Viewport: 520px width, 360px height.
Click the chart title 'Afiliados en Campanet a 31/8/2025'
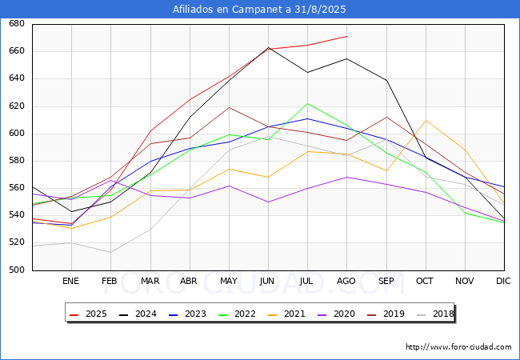260,9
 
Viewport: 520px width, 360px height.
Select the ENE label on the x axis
71,282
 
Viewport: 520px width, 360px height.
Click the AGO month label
346,282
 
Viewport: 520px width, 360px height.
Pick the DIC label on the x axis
503,282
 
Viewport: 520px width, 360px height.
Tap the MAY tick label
229,282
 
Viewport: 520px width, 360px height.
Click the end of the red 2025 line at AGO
346,36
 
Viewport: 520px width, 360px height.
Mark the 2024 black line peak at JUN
268,48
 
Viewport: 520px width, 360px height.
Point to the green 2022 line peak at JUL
307,103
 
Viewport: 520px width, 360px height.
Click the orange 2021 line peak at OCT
425,120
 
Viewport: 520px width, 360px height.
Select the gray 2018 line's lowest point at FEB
110,253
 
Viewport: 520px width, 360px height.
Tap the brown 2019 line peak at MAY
229,107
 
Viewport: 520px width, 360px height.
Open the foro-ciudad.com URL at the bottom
458,347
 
